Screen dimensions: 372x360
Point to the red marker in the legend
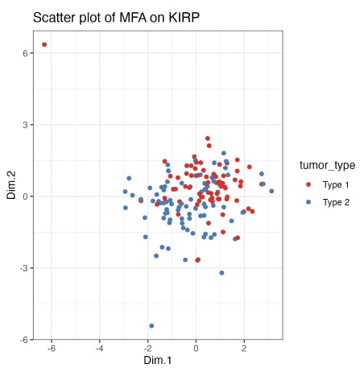pos(309,184)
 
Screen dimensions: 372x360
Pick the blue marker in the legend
pos(309,202)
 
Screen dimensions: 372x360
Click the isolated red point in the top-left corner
pos(44,44)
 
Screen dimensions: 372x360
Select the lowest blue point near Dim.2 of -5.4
pos(151,326)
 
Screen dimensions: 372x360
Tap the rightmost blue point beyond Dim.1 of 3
pos(271,192)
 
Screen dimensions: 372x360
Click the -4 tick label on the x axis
pos(99,349)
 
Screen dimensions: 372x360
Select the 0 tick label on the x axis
pos(196,349)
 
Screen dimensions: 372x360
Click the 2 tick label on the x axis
pos(244,349)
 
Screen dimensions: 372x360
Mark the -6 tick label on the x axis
pos(51,349)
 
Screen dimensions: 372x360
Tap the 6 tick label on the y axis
pos(26,53)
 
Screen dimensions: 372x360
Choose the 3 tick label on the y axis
pos(26,125)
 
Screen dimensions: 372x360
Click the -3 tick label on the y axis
pos(24,268)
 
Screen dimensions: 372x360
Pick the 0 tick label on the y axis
pos(26,196)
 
